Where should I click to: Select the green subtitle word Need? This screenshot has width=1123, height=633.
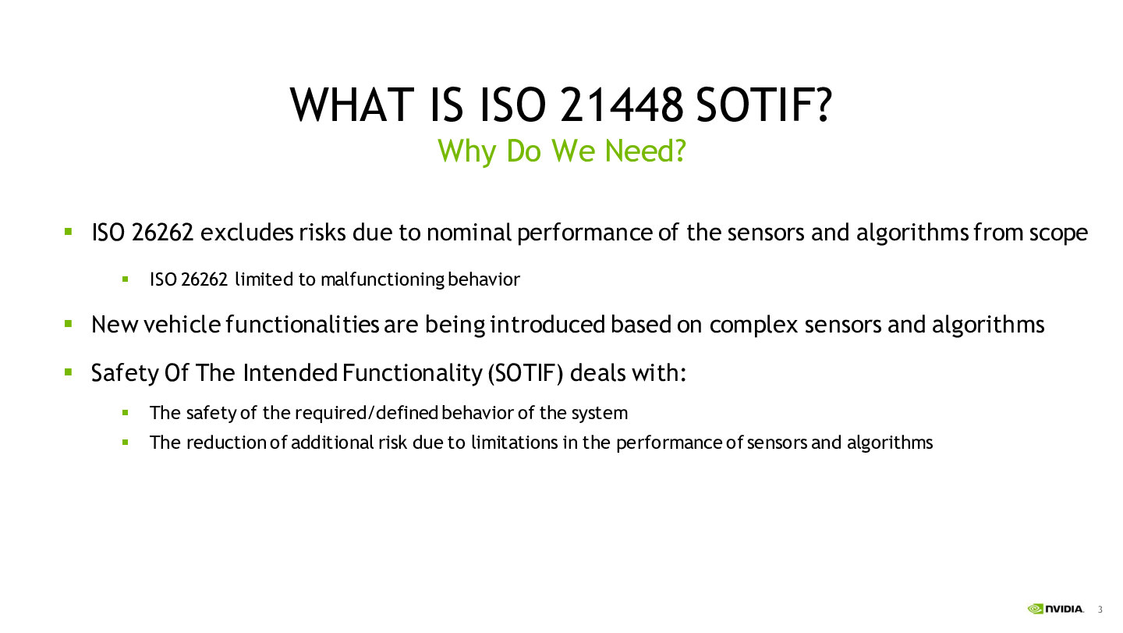(x=645, y=150)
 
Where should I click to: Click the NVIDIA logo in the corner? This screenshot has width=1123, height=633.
(x=1055, y=609)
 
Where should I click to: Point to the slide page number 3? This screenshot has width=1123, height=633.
(x=1100, y=610)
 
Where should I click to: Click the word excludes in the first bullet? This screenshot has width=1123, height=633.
(x=246, y=233)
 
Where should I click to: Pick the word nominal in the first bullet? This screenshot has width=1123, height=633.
(x=469, y=233)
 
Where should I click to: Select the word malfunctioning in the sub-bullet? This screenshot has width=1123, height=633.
(x=382, y=280)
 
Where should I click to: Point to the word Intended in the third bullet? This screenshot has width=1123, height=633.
(x=290, y=372)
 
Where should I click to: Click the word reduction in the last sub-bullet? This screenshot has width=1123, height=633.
(x=226, y=443)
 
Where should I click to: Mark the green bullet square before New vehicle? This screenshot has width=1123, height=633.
(x=68, y=323)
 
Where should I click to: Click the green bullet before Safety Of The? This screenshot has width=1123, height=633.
(x=68, y=372)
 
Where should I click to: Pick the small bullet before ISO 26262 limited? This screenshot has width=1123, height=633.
(x=126, y=279)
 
